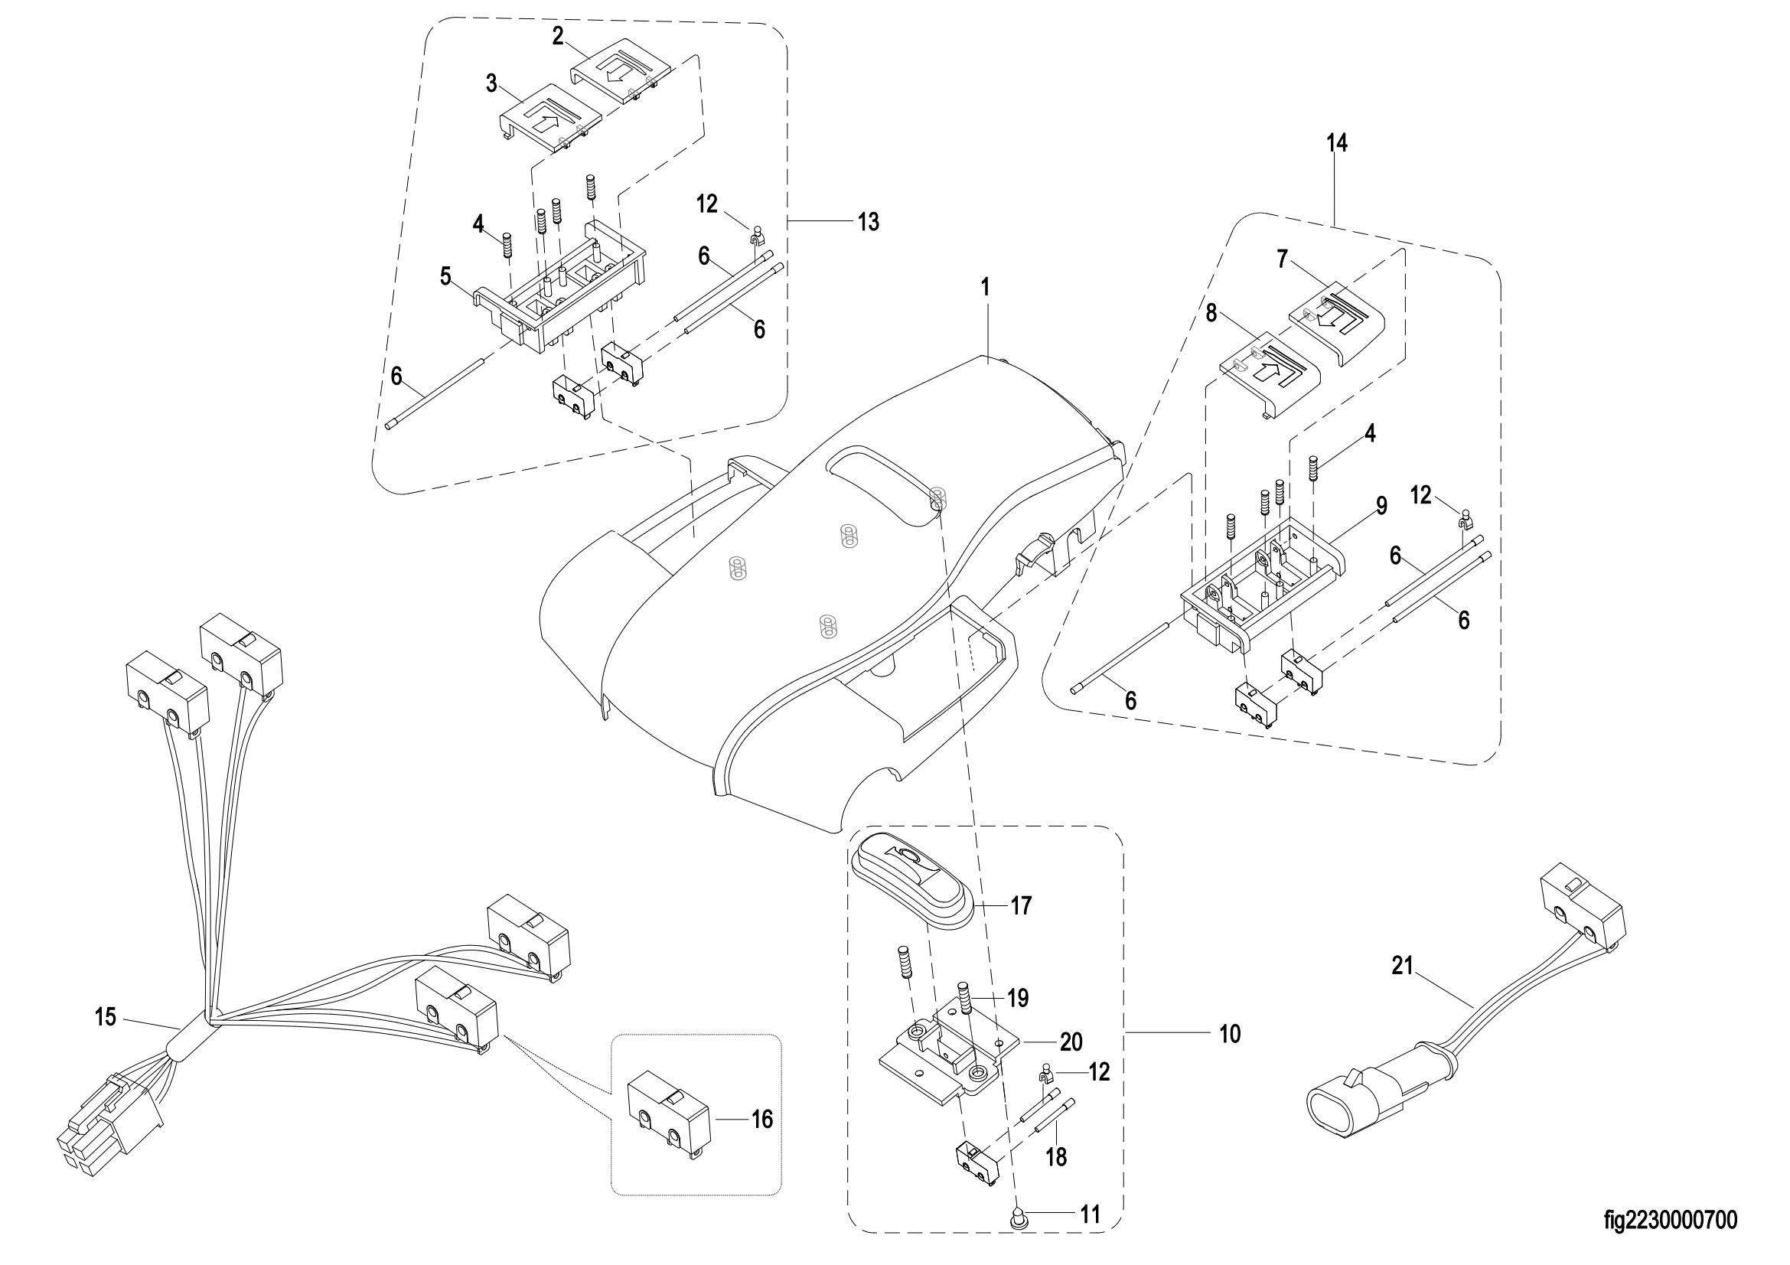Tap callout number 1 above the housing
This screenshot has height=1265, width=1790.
pyautogui.click(x=986, y=288)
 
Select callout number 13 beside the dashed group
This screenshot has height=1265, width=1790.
pyautogui.click(x=869, y=222)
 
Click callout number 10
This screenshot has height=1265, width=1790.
pyautogui.click(x=1230, y=1035)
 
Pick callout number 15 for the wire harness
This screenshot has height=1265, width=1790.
pyautogui.click(x=106, y=1017)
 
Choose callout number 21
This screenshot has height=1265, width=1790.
pyautogui.click(x=1403, y=967)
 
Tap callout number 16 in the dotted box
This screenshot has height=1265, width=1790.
pyautogui.click(x=761, y=1120)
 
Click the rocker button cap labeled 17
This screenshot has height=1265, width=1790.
pyautogui.click(x=911, y=885)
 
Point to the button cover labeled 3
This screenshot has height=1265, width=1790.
pyautogui.click(x=550, y=122)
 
